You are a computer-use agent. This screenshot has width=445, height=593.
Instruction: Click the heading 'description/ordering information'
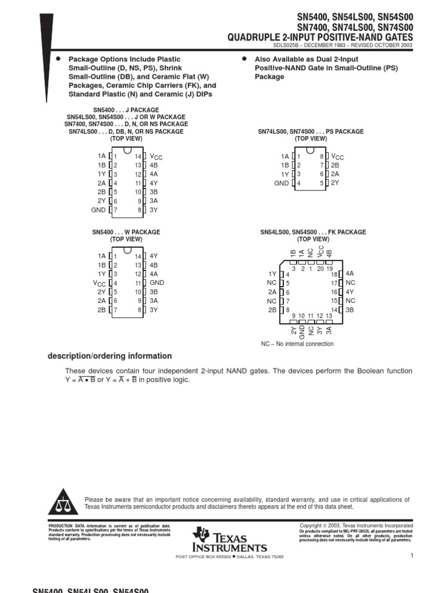[x=110, y=356]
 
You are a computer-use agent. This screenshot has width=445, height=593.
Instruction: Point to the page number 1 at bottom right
[x=410, y=556]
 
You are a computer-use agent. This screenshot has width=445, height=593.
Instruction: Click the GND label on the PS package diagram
[x=282, y=184]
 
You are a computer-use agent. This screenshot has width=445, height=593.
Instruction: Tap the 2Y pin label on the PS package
[x=335, y=183]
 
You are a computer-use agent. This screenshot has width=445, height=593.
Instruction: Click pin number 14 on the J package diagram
[x=138, y=156]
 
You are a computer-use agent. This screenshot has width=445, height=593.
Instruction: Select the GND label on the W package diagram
[x=157, y=283]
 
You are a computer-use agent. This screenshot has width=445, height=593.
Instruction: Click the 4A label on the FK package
[x=349, y=273]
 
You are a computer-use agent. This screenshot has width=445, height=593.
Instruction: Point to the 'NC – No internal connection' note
[x=297, y=344]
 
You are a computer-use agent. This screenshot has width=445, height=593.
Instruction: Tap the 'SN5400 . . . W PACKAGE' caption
[x=126, y=232]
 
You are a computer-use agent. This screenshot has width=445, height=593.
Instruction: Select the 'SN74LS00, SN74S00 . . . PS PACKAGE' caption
[x=311, y=132]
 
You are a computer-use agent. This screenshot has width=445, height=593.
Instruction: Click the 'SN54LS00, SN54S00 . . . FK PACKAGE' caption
[x=312, y=232]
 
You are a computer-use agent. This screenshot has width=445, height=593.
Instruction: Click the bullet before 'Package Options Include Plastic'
[x=58, y=59]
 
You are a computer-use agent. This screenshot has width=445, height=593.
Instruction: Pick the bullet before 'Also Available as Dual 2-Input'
[x=244, y=59]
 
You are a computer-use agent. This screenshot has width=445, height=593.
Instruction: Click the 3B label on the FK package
[x=349, y=310]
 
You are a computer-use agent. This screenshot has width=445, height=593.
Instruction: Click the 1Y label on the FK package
[x=272, y=274]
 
